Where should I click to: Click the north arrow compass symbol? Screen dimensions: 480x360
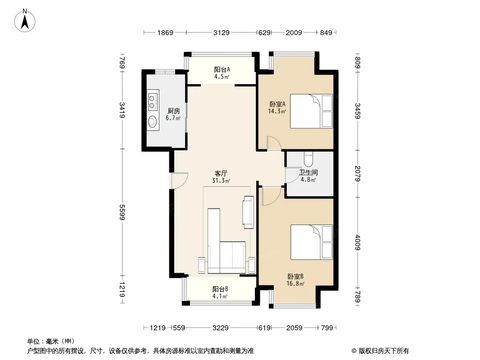click(x=25, y=21)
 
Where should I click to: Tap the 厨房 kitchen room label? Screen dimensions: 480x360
click(x=173, y=111)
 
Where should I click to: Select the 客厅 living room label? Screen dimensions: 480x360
click(x=221, y=174)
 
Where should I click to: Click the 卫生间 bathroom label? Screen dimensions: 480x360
click(x=308, y=172)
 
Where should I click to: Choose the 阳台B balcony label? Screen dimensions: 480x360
click(x=220, y=289)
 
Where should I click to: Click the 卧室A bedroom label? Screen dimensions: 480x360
click(x=277, y=104)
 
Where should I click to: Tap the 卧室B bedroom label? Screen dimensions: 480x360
click(x=295, y=276)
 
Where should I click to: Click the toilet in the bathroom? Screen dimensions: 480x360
click(x=308, y=159)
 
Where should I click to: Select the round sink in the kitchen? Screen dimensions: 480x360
click(x=153, y=122)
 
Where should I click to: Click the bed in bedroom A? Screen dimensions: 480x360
click(x=311, y=111)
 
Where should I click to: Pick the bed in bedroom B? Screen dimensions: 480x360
click(x=311, y=242)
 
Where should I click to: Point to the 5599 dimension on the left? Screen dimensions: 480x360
click(x=122, y=212)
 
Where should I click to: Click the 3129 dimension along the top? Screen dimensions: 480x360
click(x=222, y=32)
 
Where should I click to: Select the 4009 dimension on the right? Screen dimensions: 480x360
click(x=358, y=243)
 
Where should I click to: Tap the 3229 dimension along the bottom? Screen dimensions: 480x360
click(x=220, y=328)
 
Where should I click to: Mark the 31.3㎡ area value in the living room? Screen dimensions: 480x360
click(x=221, y=181)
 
